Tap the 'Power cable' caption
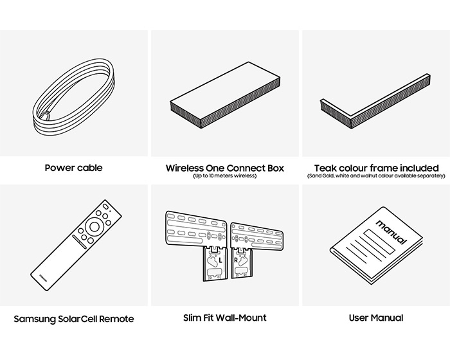(73, 168)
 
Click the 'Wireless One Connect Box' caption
(224, 168)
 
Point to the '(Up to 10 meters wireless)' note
(224, 177)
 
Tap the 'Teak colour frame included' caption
(376, 168)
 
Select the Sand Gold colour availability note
(376, 177)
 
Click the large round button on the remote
(96, 226)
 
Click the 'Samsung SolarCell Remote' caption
(73, 319)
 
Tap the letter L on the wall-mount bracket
(219, 261)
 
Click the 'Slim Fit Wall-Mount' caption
(224, 318)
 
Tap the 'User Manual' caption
(376, 318)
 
